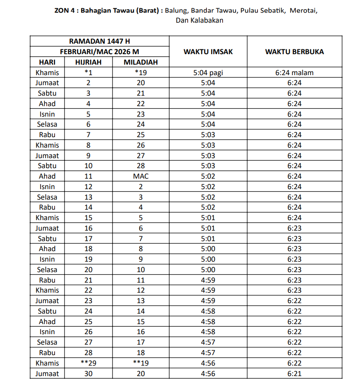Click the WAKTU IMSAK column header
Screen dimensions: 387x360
click(208, 52)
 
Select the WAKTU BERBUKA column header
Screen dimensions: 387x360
click(295, 52)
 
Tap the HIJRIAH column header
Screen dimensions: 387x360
click(89, 62)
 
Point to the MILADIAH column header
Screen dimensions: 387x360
click(141, 62)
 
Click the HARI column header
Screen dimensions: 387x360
click(47, 62)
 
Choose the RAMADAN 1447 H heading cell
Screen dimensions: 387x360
click(99, 41)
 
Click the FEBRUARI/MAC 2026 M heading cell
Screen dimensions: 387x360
click(99, 52)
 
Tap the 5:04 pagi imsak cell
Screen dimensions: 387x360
click(208, 73)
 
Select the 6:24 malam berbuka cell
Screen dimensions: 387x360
click(295, 73)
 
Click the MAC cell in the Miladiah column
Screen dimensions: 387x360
click(141, 176)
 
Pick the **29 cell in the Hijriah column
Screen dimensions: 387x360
click(89, 363)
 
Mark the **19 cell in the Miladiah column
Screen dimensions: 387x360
click(141, 363)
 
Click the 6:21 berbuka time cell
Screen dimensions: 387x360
click(295, 374)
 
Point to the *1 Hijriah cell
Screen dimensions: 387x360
click(89, 73)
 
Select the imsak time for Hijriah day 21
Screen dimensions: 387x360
click(208, 280)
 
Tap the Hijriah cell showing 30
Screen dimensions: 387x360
click(89, 374)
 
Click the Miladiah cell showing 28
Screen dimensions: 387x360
click(141, 166)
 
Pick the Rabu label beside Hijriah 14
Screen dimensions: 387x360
click(47, 207)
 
